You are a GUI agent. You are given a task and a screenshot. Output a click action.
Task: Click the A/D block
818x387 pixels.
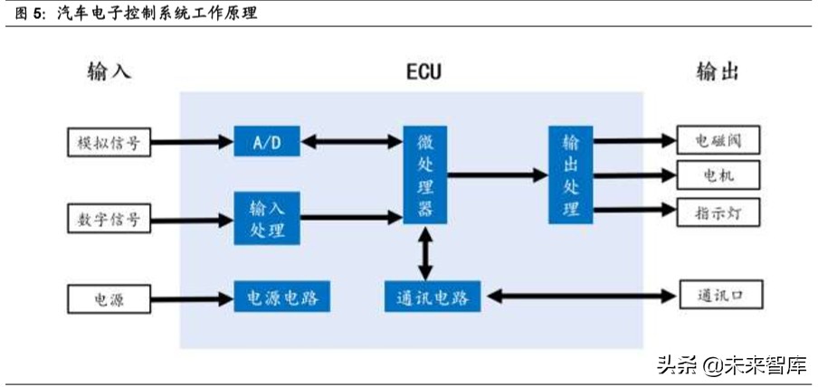267,141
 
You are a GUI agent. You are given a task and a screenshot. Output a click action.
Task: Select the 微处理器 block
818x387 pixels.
424,175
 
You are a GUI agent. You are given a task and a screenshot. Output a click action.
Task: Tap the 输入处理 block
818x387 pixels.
267,218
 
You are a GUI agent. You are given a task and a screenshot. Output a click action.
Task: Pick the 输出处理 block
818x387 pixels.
571,175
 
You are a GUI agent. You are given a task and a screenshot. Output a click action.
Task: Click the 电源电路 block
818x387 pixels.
281,296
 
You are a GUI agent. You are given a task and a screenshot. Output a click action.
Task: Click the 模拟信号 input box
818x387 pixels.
109,141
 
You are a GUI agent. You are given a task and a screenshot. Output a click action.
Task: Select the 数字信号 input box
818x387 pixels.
109,218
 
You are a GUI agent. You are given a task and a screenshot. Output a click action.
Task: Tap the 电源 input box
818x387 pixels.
109,296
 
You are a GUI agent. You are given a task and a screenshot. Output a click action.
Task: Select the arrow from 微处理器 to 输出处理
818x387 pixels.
497,175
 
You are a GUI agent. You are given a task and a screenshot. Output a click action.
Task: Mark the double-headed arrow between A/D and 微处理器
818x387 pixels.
351,141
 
